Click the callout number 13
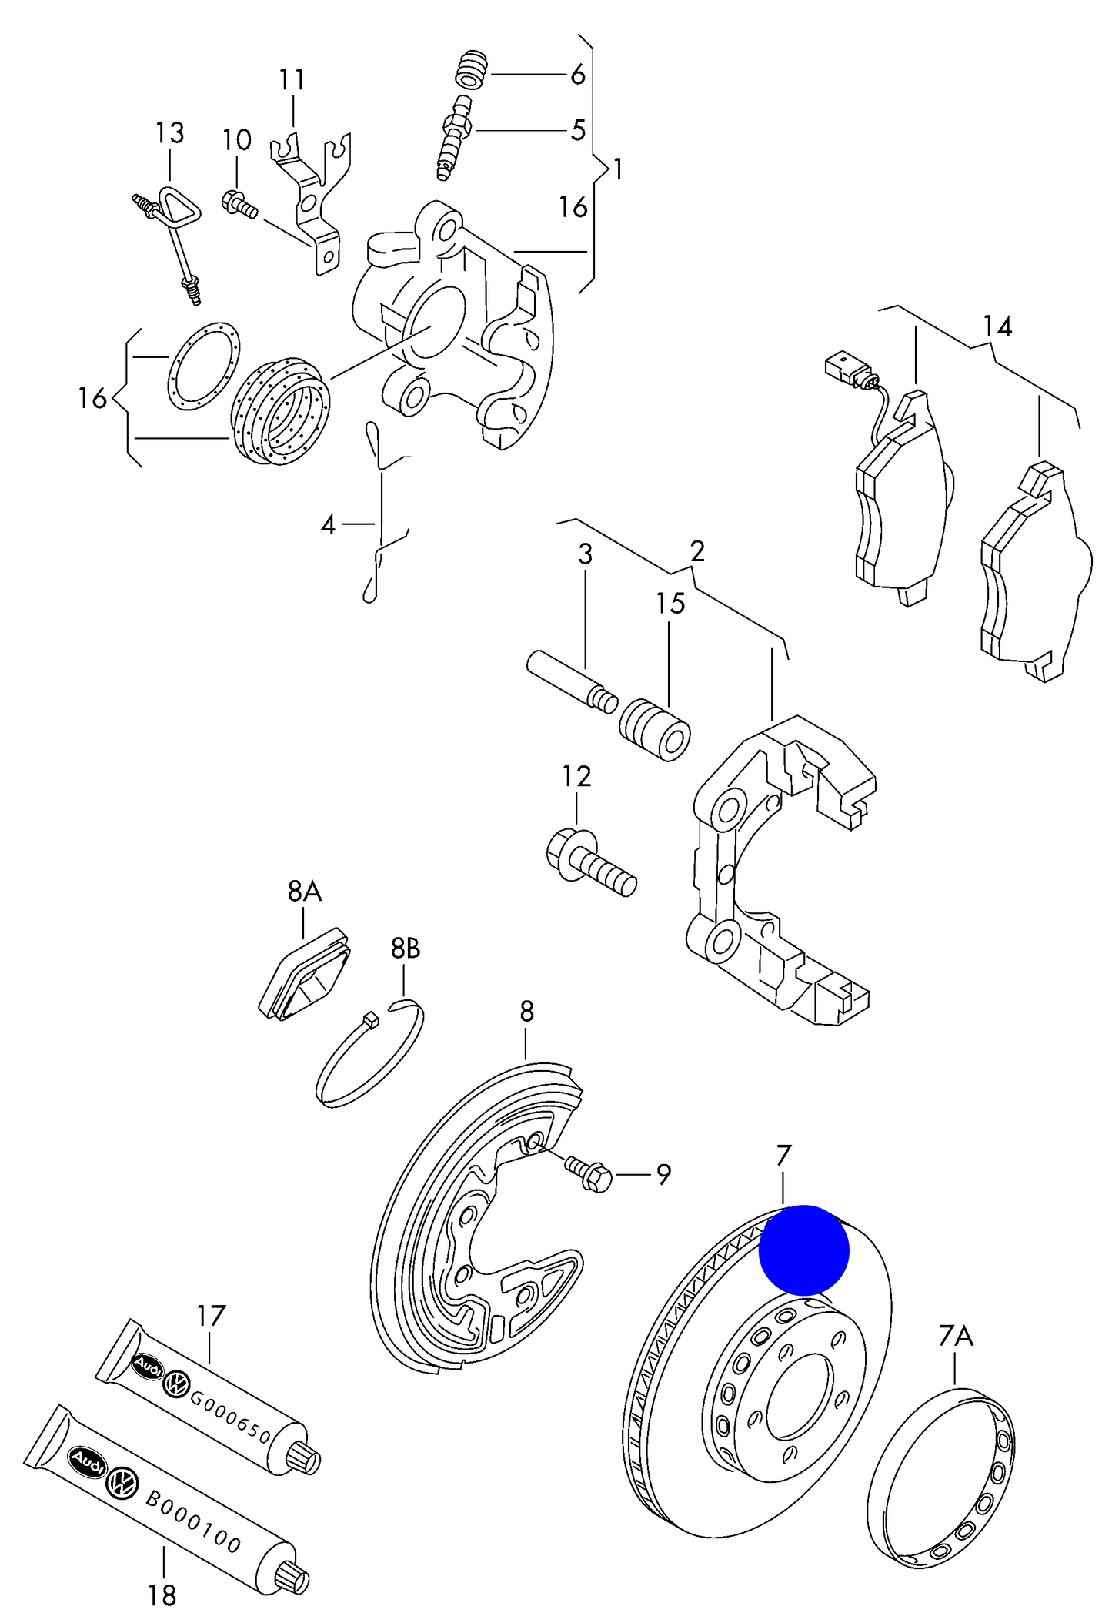coord(169,132)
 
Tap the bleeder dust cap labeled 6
coord(471,69)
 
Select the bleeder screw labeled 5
coord(454,137)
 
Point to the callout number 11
coord(292,79)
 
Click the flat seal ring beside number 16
coord(204,366)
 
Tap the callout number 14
coord(997,326)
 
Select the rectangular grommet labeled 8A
coord(303,977)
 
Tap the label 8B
coord(406,949)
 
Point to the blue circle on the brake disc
coord(803,1250)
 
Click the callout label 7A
coord(955,1336)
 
